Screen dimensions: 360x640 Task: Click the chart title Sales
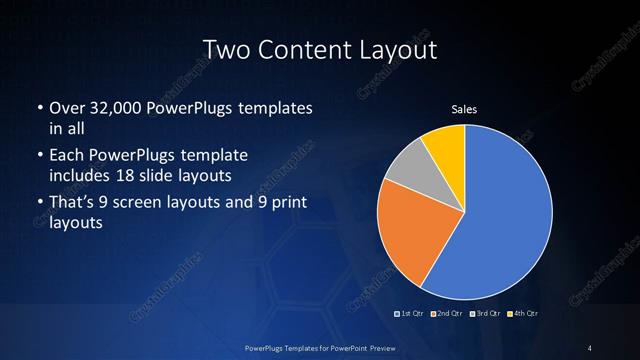pyautogui.click(x=464, y=108)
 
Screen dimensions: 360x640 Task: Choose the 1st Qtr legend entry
pyautogui.click(x=410, y=314)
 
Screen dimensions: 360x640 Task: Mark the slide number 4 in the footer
pyautogui.click(x=590, y=347)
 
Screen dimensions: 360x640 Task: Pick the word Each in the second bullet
pyautogui.click(x=67, y=156)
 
